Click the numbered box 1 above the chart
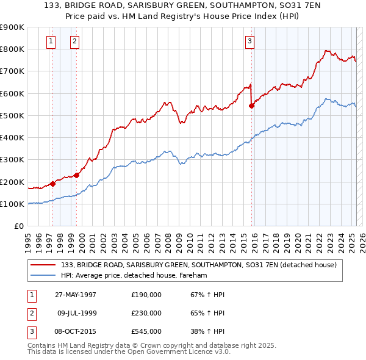tap(50, 41)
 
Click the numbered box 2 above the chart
tap(74, 41)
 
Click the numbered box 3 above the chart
tap(249, 41)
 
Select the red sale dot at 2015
tap(251, 106)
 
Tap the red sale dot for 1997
tap(53, 183)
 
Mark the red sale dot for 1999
tap(77, 175)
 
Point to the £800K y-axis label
tap(12, 49)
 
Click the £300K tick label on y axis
tap(12, 160)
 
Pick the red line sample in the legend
tap(43, 265)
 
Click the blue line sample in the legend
tap(43, 276)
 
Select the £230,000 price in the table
tap(146, 313)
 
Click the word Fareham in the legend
tap(193, 276)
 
